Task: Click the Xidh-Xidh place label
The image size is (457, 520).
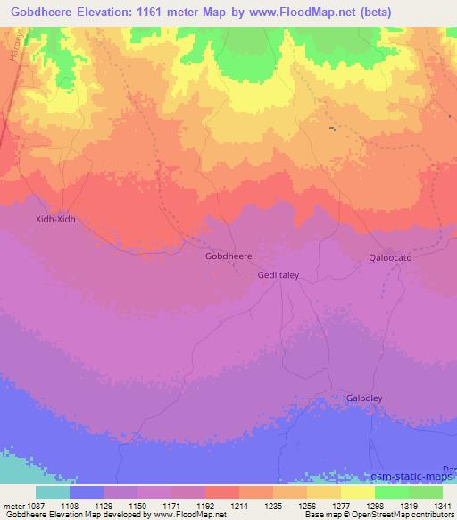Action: [54, 218]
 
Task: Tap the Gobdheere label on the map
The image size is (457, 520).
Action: [228, 256]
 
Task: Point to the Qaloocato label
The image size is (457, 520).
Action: [390, 257]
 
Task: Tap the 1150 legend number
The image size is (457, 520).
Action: [138, 505]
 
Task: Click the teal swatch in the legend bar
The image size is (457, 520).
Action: [53, 491]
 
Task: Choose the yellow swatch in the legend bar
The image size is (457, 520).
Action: [357, 491]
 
